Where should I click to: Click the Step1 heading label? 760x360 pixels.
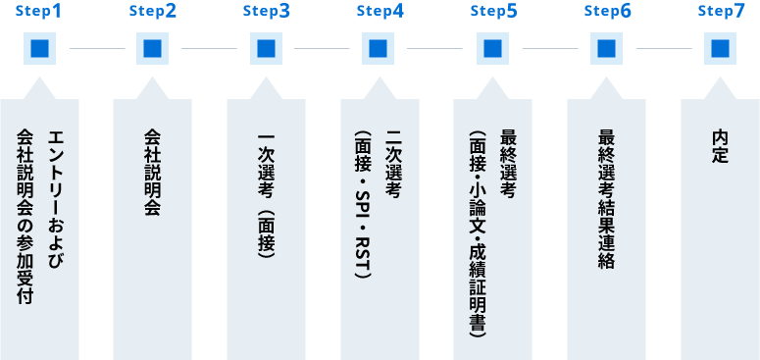(x=39, y=12)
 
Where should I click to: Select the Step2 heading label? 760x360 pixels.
(x=153, y=12)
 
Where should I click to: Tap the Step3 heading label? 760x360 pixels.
(x=267, y=12)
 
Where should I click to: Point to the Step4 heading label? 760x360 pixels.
(x=380, y=12)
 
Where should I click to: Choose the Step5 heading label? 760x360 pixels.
(x=494, y=12)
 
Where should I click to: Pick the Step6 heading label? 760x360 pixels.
(x=608, y=12)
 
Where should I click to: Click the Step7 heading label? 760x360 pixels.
(x=721, y=12)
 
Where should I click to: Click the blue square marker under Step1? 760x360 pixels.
(x=39, y=48)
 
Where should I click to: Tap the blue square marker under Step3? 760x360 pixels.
(x=266, y=48)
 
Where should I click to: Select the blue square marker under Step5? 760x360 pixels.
(x=493, y=48)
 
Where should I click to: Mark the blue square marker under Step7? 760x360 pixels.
(x=721, y=48)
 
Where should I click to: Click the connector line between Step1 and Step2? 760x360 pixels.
(x=96, y=48)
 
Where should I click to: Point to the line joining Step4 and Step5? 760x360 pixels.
(x=436, y=48)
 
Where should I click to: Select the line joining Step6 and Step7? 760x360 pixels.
(x=664, y=48)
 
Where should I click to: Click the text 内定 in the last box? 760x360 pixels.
(x=721, y=147)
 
